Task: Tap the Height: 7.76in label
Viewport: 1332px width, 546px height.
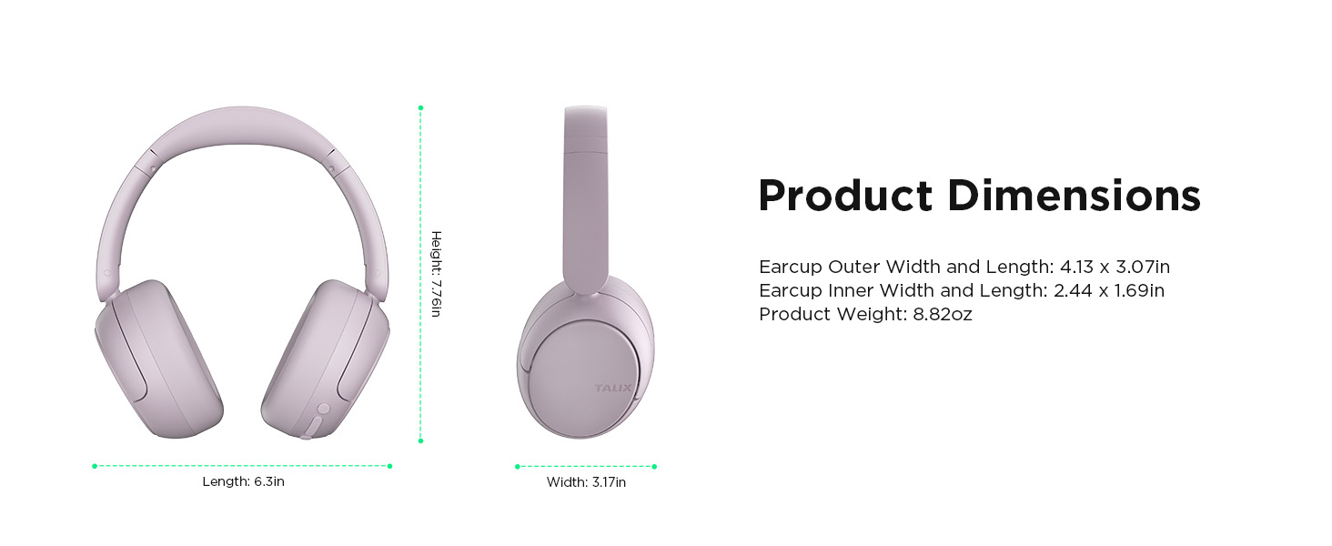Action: [x=436, y=274]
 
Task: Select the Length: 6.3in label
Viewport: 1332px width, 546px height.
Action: [x=243, y=481]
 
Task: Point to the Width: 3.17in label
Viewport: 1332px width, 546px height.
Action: [x=586, y=482]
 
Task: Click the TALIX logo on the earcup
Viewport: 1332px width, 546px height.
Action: [x=612, y=389]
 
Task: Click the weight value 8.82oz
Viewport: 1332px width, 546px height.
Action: [x=943, y=315]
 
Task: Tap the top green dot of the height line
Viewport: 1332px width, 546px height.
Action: [x=420, y=108]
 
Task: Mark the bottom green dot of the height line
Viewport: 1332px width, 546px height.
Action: [x=420, y=440]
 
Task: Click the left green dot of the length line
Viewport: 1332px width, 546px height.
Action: [x=95, y=466]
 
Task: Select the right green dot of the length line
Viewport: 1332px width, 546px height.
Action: [x=390, y=466]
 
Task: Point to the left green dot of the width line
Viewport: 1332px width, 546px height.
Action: [x=517, y=467]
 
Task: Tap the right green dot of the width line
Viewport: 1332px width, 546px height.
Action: [x=654, y=467]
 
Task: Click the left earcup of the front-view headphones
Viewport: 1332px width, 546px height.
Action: [x=159, y=359]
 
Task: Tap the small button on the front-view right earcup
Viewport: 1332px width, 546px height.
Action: [x=322, y=410]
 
